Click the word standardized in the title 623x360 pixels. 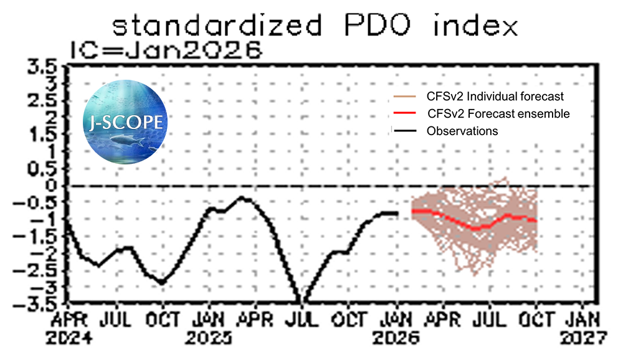pos(217,26)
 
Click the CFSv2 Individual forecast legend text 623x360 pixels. pos(495,97)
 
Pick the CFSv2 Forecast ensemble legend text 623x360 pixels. pos(498,114)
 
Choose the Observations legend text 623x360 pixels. pos(462,131)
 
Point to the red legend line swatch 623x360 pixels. pos(404,114)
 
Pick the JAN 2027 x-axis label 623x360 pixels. pos(583,329)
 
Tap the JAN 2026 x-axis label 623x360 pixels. pos(396,329)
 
